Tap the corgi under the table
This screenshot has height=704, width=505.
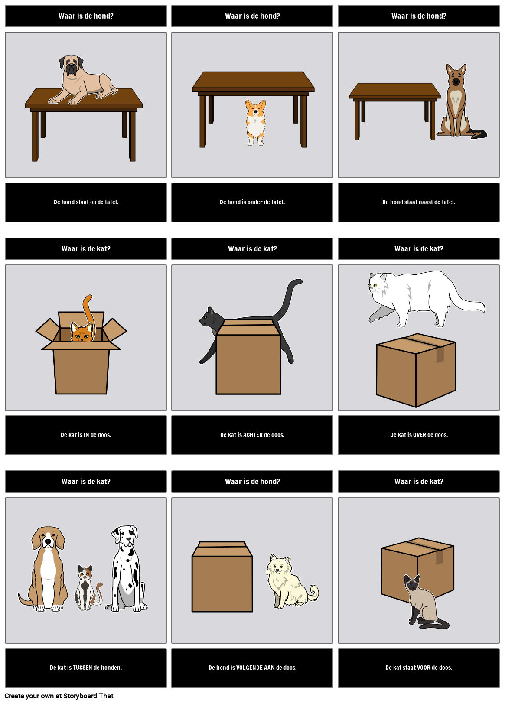pyautogui.click(x=255, y=121)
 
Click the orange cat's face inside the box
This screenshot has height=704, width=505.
pyautogui.click(x=82, y=333)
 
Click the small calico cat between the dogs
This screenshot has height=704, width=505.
pyautogui.click(x=86, y=587)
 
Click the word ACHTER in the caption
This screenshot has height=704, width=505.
pyautogui.click(x=253, y=435)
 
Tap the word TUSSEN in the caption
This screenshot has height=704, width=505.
pyautogui.click(x=83, y=668)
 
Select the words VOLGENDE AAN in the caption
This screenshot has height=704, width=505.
pyautogui.click(x=255, y=668)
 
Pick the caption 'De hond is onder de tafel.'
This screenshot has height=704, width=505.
pyautogui.click(x=252, y=202)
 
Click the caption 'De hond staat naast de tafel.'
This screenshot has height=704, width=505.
pyautogui.click(x=419, y=202)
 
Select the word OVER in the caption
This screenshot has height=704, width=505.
pyautogui.click(x=420, y=435)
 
